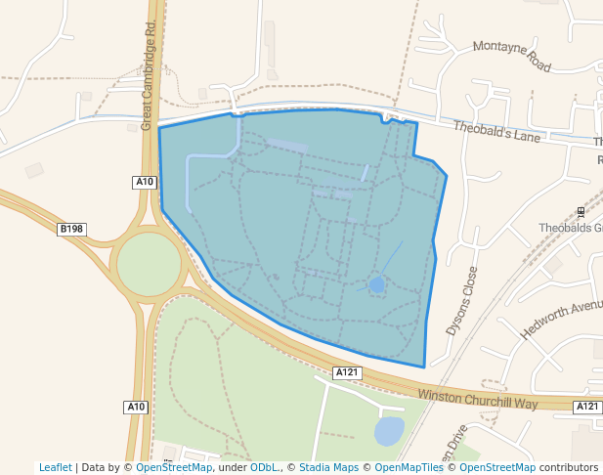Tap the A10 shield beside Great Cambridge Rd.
pyautogui.click(x=145, y=182)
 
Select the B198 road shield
pyautogui.click(x=71, y=230)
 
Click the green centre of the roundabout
pyautogui.click(x=149, y=264)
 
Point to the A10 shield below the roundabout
pyautogui.click(x=136, y=407)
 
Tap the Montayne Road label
pyautogui.click(x=512, y=56)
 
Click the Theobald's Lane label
pyautogui.click(x=496, y=131)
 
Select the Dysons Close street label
pyautogui.click(x=462, y=301)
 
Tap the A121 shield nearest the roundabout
pyautogui.click(x=348, y=372)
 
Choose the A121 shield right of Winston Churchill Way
pyautogui.click(x=586, y=407)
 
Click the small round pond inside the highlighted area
pyautogui.click(x=376, y=284)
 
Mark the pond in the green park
pyautogui.click(x=388, y=430)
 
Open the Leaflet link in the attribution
pyautogui.click(x=56, y=467)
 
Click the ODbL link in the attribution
pyautogui.click(x=264, y=467)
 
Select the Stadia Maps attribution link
pyautogui.click(x=327, y=467)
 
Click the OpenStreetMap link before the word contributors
pyautogui.click(x=497, y=467)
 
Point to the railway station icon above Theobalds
pyautogui.click(x=581, y=211)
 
